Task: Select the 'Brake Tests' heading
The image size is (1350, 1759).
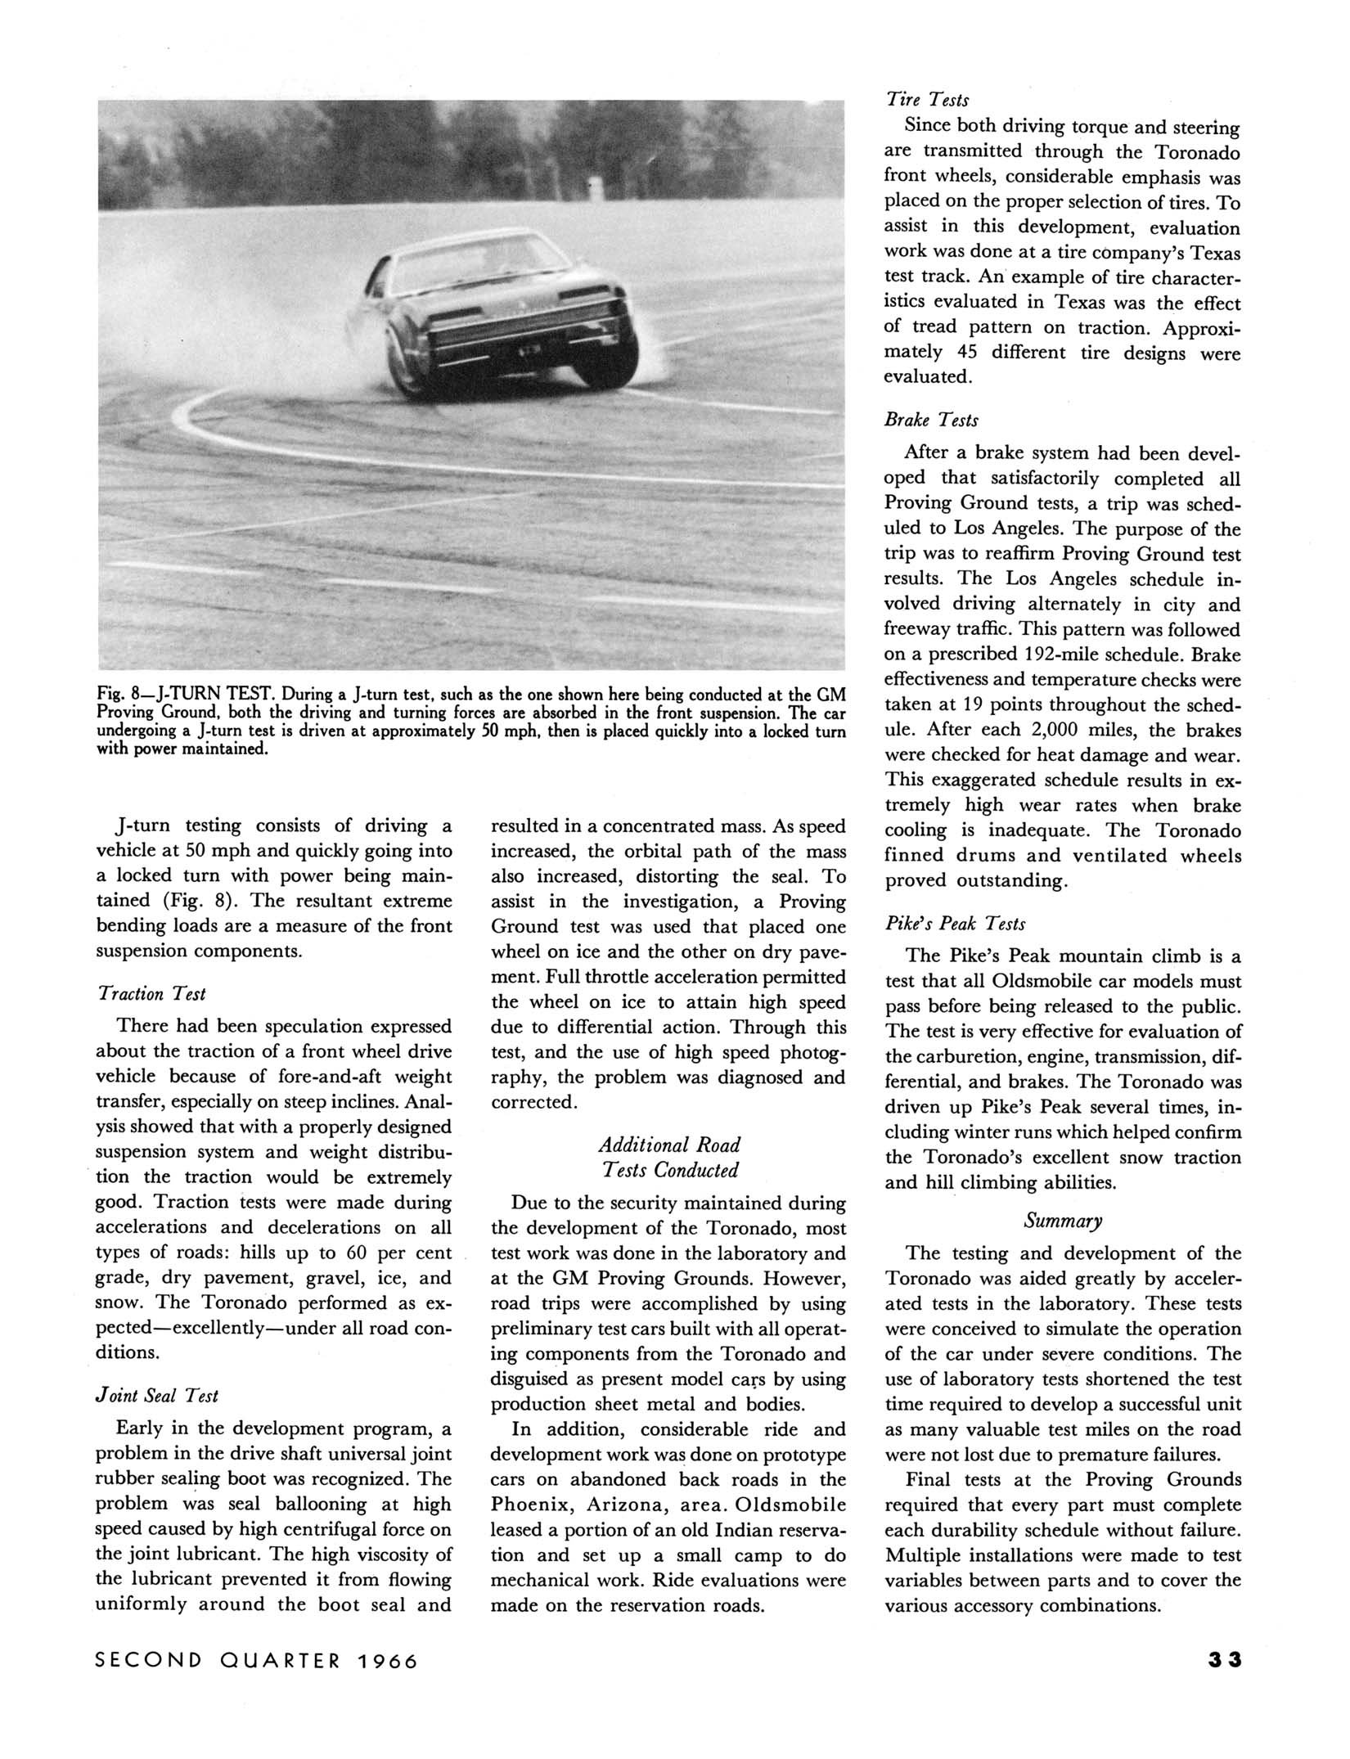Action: (x=931, y=420)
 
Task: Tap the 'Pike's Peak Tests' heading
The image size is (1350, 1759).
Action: (x=956, y=924)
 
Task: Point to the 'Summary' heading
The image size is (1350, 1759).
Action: (x=1063, y=1221)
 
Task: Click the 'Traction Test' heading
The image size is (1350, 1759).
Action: (x=151, y=993)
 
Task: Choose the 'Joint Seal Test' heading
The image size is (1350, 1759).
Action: (x=156, y=1396)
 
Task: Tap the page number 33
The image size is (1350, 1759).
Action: (x=1224, y=1660)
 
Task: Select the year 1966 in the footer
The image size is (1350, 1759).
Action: (x=387, y=1661)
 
